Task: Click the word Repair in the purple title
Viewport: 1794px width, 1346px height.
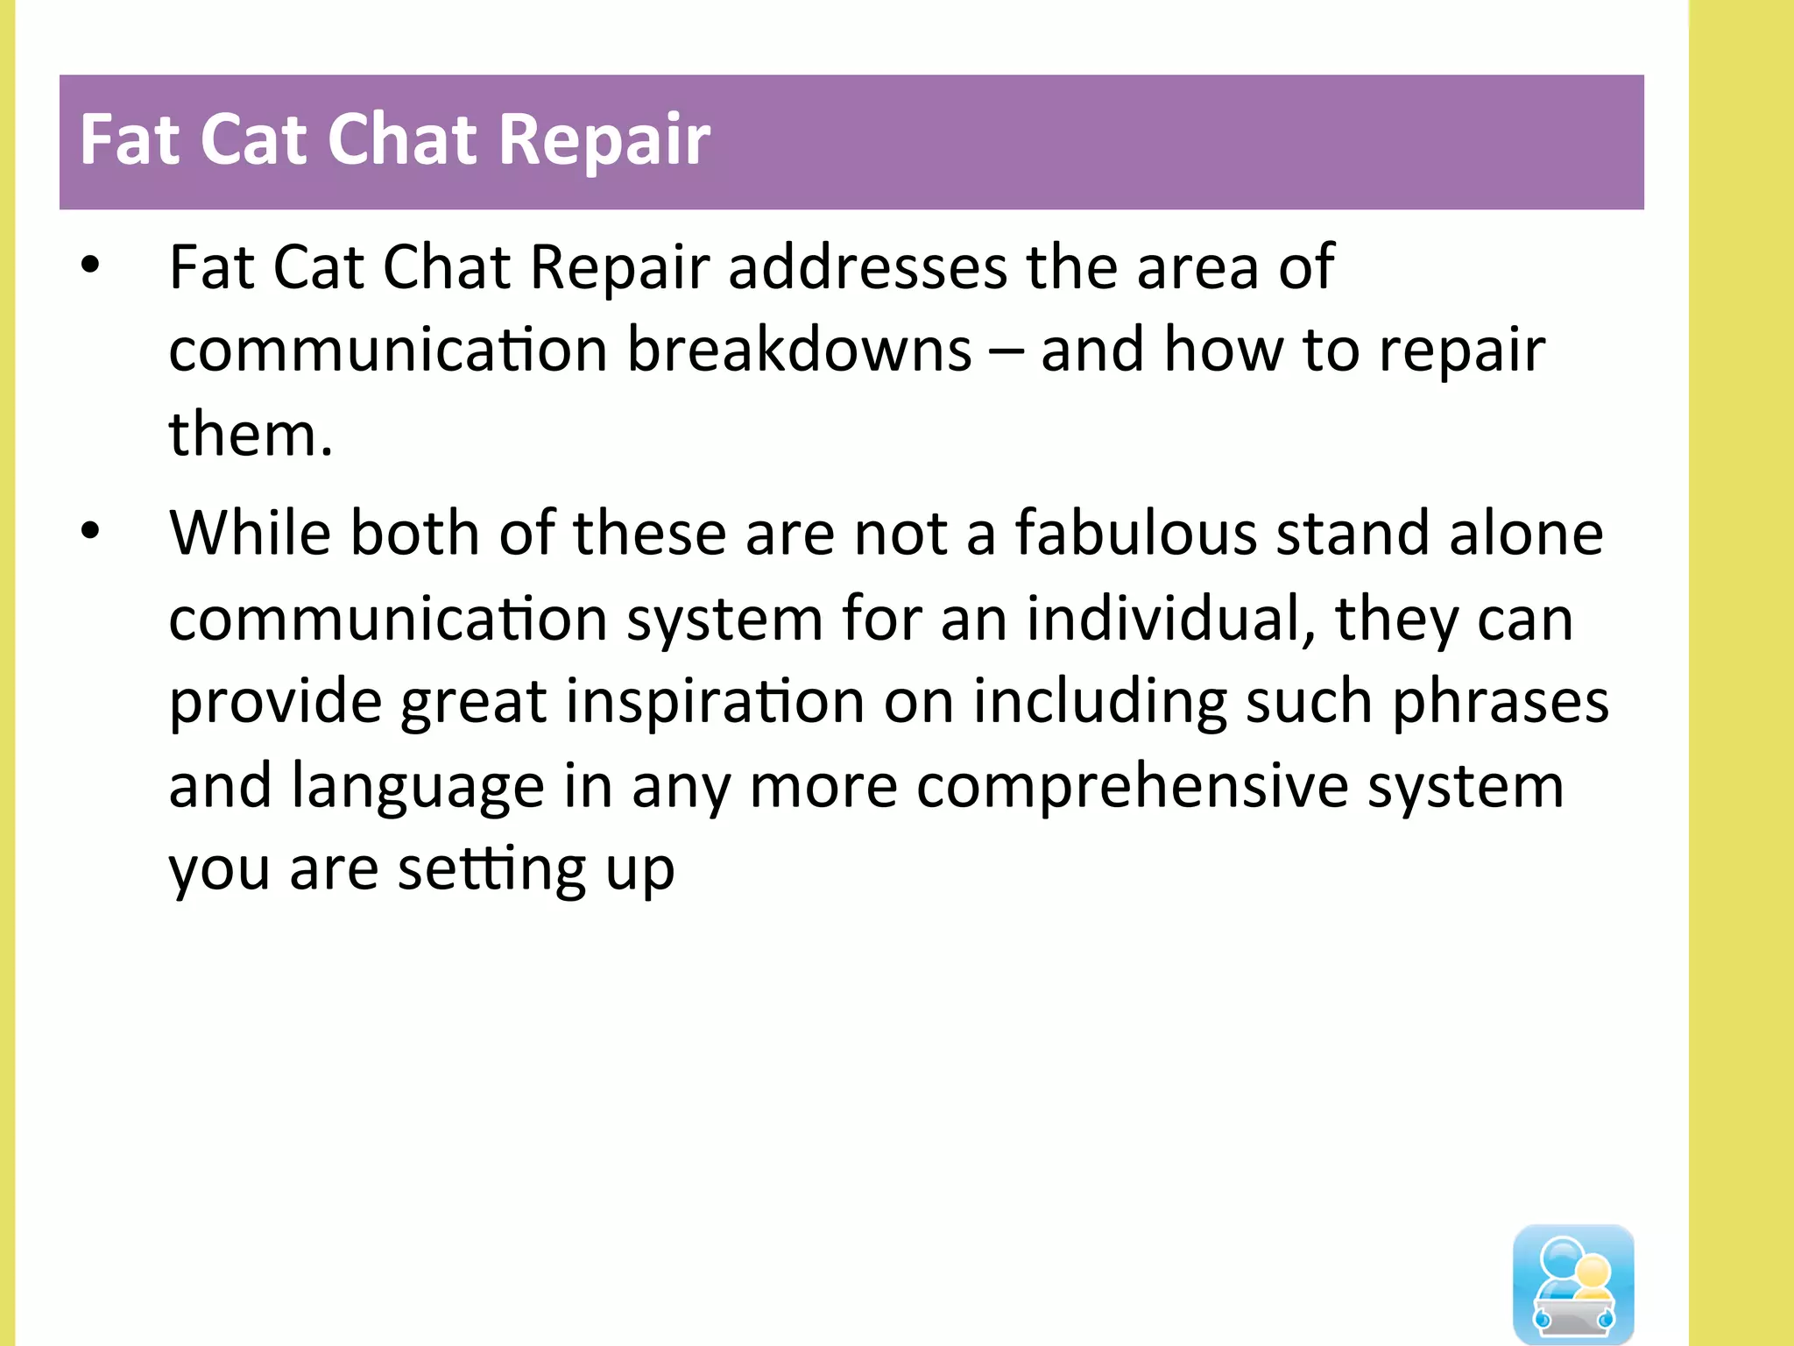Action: point(604,140)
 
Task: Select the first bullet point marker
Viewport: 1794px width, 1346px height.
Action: point(90,266)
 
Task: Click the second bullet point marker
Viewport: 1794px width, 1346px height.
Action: point(90,531)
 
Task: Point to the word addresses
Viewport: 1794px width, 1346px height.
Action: point(867,267)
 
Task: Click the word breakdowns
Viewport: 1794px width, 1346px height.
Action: point(799,351)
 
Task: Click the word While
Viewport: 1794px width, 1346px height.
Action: point(251,533)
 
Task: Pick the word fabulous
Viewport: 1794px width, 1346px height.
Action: point(1135,533)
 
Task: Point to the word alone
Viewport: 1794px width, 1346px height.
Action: point(1526,533)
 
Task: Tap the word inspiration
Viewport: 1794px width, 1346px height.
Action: point(715,703)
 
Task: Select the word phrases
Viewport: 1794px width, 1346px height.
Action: point(1500,703)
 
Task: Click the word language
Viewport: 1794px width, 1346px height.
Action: point(417,787)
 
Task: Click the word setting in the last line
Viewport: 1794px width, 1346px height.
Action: point(491,870)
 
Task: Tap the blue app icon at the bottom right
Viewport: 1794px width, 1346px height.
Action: point(1573,1283)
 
